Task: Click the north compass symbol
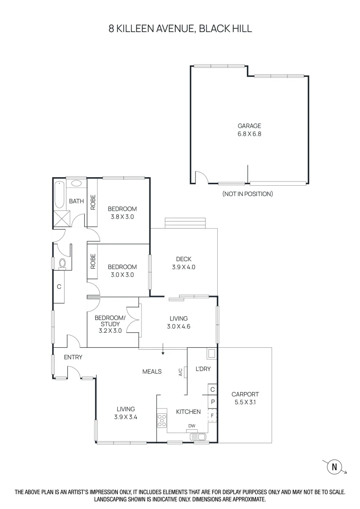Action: pos(335,467)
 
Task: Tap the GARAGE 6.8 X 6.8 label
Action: pos(249,130)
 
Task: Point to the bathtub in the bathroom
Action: pos(60,195)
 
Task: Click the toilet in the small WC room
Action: pos(63,263)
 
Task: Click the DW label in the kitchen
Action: pos(191,426)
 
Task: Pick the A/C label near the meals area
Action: pos(180,372)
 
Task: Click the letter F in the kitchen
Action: pos(213,415)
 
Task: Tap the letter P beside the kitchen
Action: pos(213,402)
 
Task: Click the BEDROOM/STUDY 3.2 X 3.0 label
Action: pos(110,324)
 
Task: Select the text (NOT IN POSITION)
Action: pos(247,194)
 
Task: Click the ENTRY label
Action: pos(73,357)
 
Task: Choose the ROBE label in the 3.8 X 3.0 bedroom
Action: pos(93,202)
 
